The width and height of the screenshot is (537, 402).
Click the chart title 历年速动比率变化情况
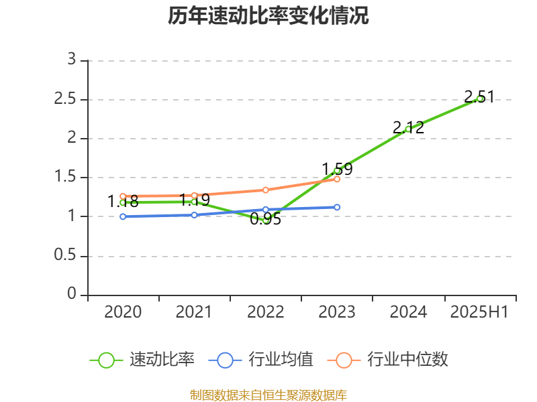[268, 16]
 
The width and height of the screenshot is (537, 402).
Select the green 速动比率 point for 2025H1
[479, 98]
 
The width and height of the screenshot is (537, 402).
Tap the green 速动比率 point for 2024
[408, 129]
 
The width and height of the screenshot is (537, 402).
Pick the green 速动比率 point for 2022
[266, 219]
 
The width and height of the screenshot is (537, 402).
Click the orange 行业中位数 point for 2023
[337, 179]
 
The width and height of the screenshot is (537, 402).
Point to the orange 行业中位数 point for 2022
[266, 190]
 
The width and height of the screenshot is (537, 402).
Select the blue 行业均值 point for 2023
[337, 207]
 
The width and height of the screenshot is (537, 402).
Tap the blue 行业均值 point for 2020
[123, 216]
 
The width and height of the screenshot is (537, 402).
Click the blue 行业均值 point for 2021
[194, 215]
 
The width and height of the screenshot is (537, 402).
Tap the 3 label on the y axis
[72, 60]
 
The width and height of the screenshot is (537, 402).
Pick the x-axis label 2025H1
[479, 312]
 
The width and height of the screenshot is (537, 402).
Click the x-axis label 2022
[266, 312]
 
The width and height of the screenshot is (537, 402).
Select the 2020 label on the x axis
[123, 312]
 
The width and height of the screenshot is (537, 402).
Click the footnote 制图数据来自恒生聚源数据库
[268, 395]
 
